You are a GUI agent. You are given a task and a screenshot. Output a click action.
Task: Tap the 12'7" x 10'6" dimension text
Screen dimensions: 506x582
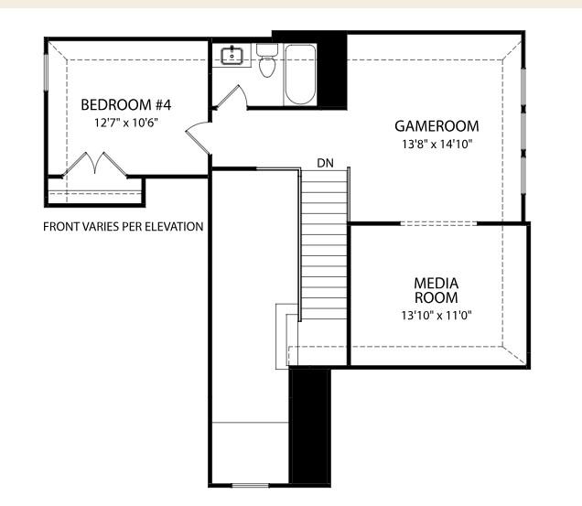click(x=120, y=122)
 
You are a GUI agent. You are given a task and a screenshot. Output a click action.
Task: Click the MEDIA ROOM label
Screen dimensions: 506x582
click(x=436, y=290)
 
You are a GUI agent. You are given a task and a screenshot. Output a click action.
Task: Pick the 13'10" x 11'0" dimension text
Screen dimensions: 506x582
click(x=436, y=316)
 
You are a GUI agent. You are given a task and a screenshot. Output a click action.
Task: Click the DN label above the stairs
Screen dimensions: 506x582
click(x=325, y=163)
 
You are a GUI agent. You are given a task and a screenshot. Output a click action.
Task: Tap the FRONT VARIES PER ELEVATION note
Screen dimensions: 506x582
click(x=123, y=226)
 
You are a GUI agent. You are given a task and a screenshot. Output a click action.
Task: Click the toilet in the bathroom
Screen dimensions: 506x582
click(x=267, y=62)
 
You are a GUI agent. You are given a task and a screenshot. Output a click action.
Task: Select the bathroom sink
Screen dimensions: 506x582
click(x=233, y=56)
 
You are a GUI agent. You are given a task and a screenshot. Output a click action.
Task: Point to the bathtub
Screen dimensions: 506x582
click(x=300, y=73)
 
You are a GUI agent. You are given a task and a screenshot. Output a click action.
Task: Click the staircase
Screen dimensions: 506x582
click(x=325, y=247)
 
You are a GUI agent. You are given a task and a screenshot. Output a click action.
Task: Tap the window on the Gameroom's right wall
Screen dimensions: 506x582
click(x=523, y=128)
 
